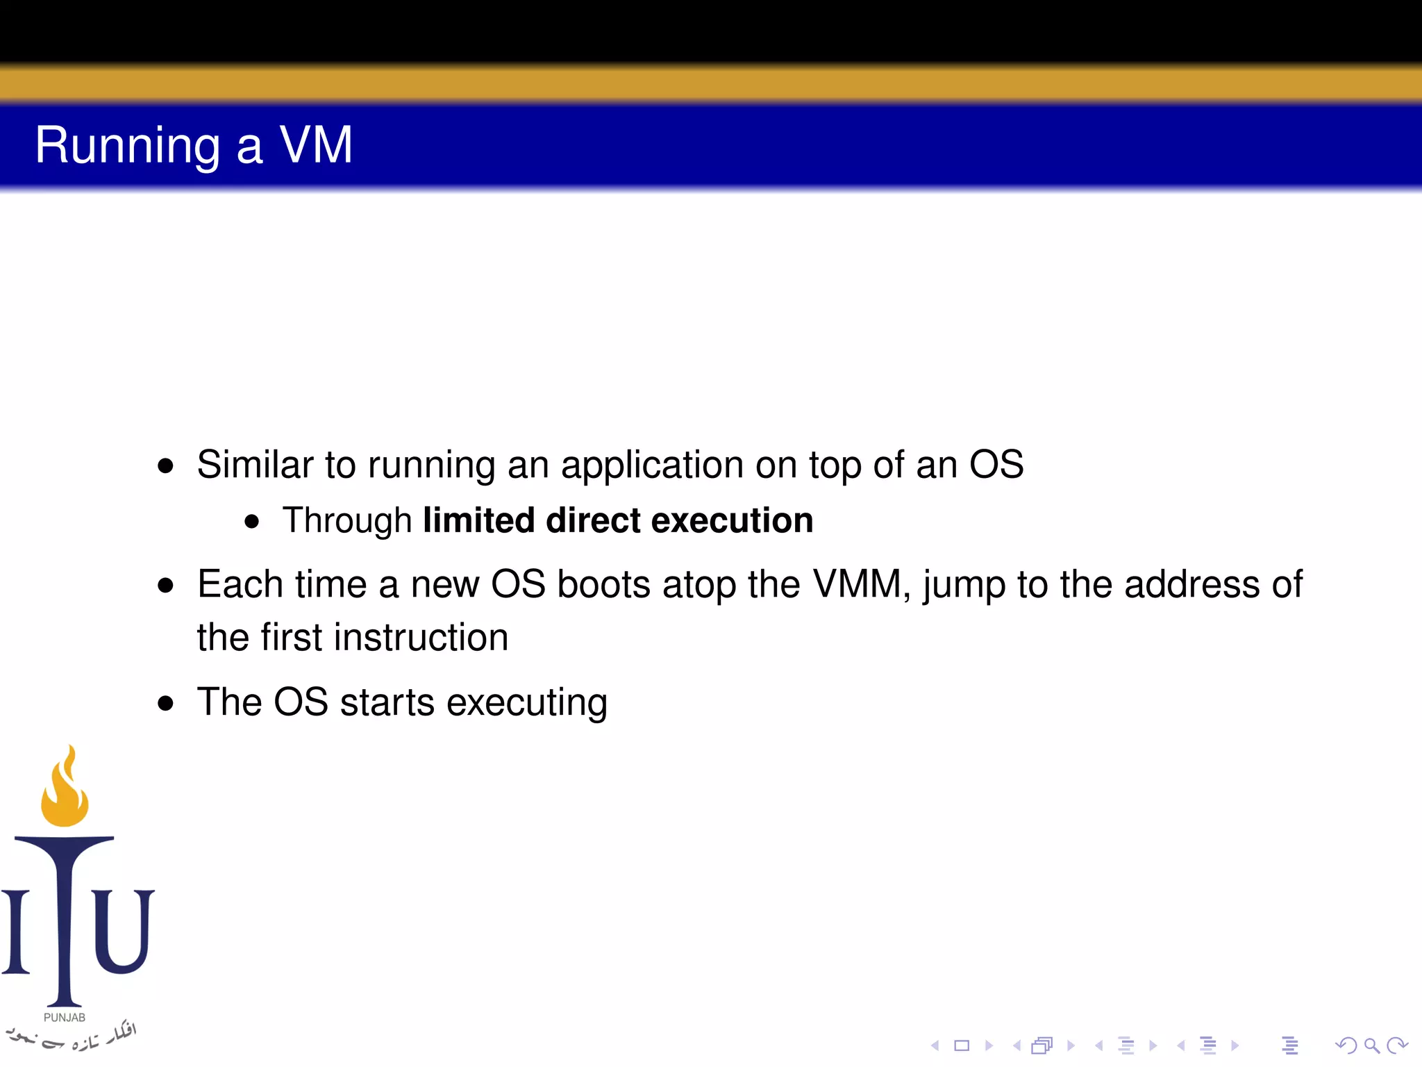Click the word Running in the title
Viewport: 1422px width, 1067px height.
point(128,146)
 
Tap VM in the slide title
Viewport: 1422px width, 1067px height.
point(316,145)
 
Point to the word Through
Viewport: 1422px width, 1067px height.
point(347,521)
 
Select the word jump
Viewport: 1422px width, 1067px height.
point(964,585)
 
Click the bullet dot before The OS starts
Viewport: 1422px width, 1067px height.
point(165,703)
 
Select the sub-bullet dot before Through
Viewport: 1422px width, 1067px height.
point(252,522)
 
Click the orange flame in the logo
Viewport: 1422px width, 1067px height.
point(65,792)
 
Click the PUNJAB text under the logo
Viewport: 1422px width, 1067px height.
point(65,1018)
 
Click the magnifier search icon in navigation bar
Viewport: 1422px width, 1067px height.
point(1371,1045)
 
